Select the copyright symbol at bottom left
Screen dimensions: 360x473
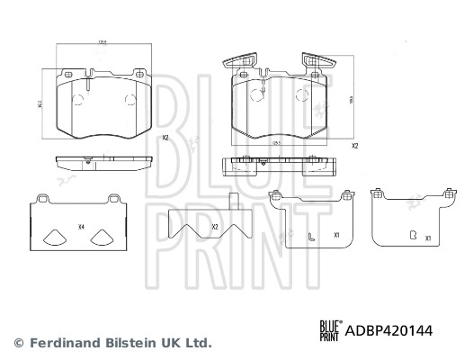[18, 343]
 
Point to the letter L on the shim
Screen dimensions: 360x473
[309, 238]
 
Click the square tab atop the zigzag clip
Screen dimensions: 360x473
[234, 202]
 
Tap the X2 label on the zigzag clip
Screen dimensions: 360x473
[215, 227]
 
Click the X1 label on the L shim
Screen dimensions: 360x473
[335, 235]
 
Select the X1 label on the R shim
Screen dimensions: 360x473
[429, 238]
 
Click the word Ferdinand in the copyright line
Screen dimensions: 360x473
[61, 343]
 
